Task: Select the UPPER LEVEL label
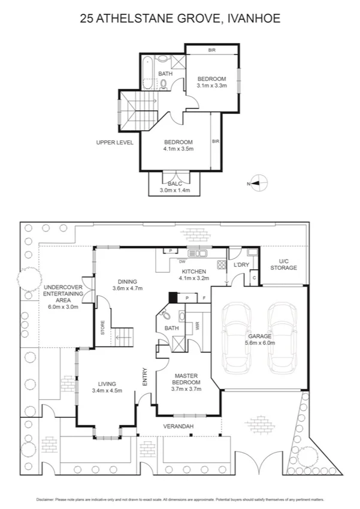114,143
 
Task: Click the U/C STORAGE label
283,264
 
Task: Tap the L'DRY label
241,264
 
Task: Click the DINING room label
127,281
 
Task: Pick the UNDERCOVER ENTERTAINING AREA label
63,294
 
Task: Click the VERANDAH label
179,426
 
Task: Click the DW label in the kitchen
182,261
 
